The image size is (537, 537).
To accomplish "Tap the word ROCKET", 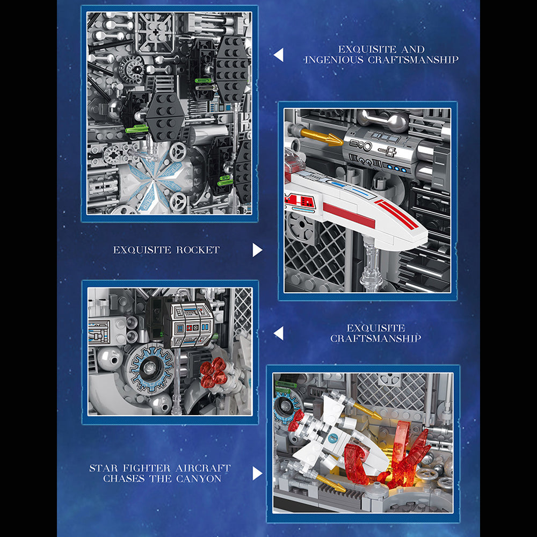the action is [x=198, y=250].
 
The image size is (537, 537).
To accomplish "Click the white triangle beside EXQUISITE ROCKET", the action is [x=257, y=250].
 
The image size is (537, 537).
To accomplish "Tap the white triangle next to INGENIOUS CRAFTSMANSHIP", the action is [x=278, y=55].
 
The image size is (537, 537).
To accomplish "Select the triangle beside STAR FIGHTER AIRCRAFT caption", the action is [x=257, y=473].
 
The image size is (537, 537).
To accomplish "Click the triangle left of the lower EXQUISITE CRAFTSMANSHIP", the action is [x=278, y=333].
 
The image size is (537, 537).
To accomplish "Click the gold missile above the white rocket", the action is [x=321, y=137].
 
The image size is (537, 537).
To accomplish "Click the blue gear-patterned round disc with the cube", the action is [x=150, y=368].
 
